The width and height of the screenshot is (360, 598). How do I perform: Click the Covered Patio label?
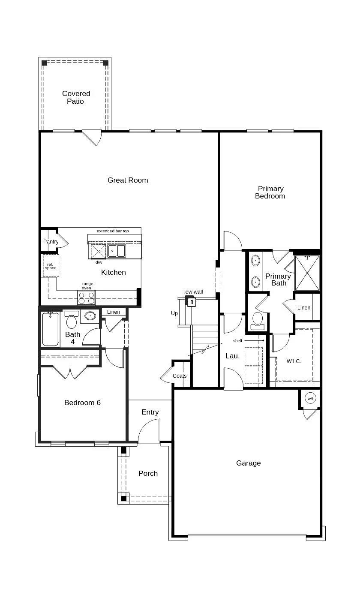click(x=76, y=97)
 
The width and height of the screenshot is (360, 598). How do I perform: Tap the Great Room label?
click(x=128, y=180)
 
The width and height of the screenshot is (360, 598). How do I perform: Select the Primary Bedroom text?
click(x=270, y=192)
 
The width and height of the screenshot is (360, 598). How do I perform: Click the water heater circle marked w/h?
click(x=310, y=398)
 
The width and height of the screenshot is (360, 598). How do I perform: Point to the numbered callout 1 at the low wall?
click(x=192, y=302)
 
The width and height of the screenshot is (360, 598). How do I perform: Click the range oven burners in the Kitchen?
click(x=86, y=297)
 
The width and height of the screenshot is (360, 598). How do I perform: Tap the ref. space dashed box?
click(x=51, y=266)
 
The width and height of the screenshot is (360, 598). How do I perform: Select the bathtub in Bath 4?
click(x=51, y=329)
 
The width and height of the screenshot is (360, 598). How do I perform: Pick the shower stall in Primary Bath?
click(x=307, y=273)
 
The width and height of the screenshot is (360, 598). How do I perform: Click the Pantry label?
click(x=51, y=242)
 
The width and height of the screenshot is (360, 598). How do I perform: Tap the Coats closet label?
click(x=180, y=376)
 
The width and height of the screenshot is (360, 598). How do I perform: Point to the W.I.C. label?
click(x=294, y=361)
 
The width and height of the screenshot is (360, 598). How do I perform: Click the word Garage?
click(x=249, y=463)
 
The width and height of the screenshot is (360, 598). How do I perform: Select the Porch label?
click(x=148, y=473)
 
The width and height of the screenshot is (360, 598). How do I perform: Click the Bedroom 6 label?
click(x=82, y=403)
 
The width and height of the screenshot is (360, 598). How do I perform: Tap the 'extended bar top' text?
click(x=113, y=231)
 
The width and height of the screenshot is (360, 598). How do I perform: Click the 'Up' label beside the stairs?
click(x=174, y=313)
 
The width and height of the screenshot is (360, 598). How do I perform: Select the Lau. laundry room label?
click(x=232, y=356)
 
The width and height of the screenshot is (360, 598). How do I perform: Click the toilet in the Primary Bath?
click(x=258, y=320)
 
